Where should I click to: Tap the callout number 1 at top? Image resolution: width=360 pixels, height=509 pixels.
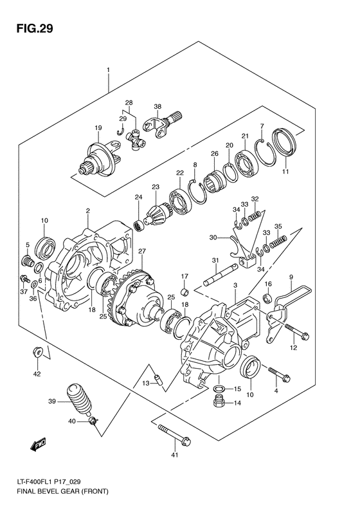pos(109,69)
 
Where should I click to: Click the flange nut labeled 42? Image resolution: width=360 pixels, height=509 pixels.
pos(37,353)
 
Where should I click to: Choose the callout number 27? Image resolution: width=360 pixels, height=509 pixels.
pos(142,252)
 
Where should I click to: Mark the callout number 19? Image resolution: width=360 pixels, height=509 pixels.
pos(98,128)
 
